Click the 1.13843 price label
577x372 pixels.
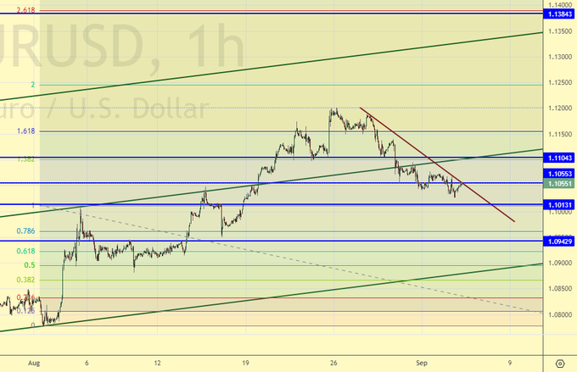pos(559,14)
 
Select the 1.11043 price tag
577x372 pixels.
pos(559,158)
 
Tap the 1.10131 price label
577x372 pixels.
pos(559,204)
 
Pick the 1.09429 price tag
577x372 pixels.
pos(559,242)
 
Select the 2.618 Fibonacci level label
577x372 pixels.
pos(25,9)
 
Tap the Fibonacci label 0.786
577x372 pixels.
pos(25,230)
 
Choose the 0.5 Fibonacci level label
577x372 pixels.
pos(29,264)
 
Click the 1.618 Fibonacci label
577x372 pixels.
pos(25,131)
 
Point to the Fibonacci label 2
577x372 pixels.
pos(32,85)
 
